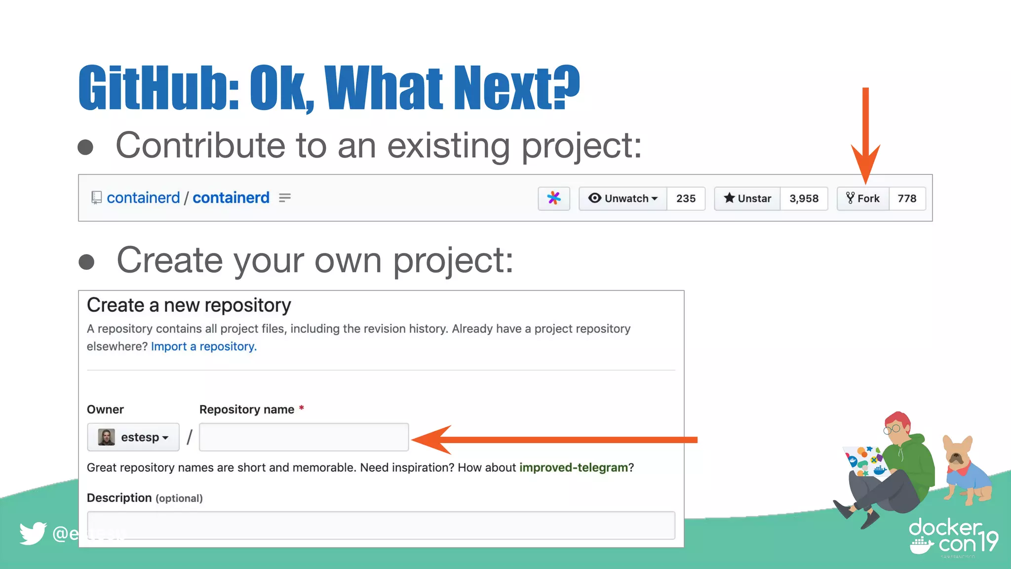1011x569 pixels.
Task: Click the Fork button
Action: (863, 199)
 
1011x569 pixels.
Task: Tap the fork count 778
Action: (907, 199)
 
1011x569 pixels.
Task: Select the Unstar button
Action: (747, 199)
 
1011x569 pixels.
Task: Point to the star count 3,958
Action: (804, 199)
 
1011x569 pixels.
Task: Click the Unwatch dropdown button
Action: (623, 199)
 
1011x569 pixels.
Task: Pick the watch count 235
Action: (686, 199)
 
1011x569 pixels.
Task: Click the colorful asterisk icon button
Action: (554, 199)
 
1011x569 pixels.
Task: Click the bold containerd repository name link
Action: (231, 198)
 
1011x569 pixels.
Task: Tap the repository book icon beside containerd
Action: (96, 198)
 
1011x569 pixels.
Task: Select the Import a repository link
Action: (204, 347)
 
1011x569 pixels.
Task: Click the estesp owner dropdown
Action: (133, 437)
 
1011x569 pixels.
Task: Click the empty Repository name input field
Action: (304, 437)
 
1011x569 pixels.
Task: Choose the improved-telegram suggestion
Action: (573, 467)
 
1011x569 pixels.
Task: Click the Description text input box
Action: (381, 525)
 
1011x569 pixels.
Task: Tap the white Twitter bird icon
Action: (33, 533)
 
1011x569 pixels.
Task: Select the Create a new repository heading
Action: (189, 305)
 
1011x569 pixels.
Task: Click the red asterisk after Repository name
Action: (301, 408)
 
